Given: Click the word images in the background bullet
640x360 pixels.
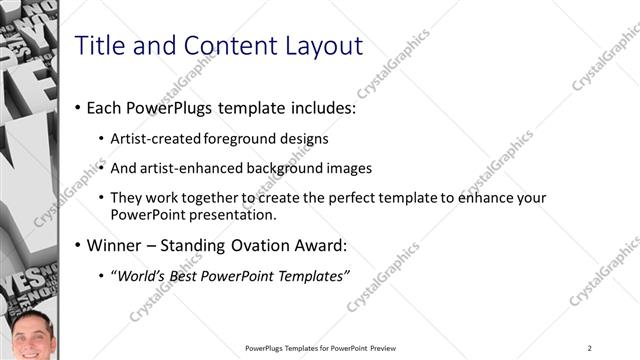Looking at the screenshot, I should [350, 168].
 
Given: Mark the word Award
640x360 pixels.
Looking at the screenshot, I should [321, 245].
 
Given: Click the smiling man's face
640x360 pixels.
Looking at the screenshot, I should [29, 337].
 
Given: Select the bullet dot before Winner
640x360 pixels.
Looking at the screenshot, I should [78, 246].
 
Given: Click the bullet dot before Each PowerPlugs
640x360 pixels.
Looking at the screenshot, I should [78, 108].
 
